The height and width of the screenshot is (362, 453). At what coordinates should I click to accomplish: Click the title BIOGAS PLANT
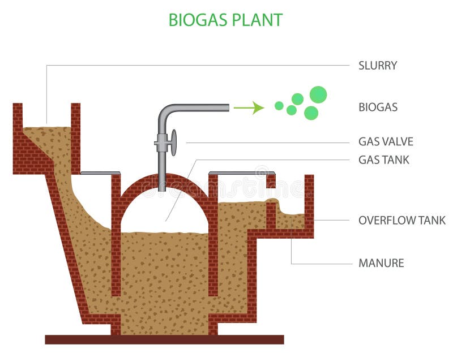coord(225,20)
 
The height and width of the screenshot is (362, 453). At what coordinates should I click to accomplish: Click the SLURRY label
coord(378,65)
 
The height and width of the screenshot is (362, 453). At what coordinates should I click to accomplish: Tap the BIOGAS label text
coord(378,107)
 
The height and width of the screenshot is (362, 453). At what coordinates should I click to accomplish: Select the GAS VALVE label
coord(386,141)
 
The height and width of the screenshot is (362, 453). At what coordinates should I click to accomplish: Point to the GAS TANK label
coord(384,160)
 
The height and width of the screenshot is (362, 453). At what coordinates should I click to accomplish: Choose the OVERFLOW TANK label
coord(402,220)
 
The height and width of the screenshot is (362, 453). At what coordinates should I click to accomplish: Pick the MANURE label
coord(381,263)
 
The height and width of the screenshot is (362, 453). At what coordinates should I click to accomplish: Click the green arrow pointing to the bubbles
coord(249,107)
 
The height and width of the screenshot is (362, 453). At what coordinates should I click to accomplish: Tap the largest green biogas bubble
coord(318,94)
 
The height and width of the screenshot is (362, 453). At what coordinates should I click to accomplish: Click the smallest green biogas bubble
coord(279,105)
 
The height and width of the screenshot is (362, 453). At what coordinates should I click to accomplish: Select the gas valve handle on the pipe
coord(173,143)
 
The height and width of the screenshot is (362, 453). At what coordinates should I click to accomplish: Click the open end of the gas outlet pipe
coord(228,107)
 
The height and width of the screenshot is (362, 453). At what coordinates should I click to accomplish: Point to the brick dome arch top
coord(164,180)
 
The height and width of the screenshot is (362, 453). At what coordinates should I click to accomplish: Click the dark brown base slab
coord(164,339)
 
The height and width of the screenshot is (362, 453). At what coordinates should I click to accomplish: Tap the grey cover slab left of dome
coord(100,173)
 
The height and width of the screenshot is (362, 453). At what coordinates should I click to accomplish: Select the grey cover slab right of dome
coord(242,172)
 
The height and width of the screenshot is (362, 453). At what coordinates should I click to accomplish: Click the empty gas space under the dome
coord(164,212)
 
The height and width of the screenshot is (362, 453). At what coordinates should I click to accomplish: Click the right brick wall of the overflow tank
coord(309,204)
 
